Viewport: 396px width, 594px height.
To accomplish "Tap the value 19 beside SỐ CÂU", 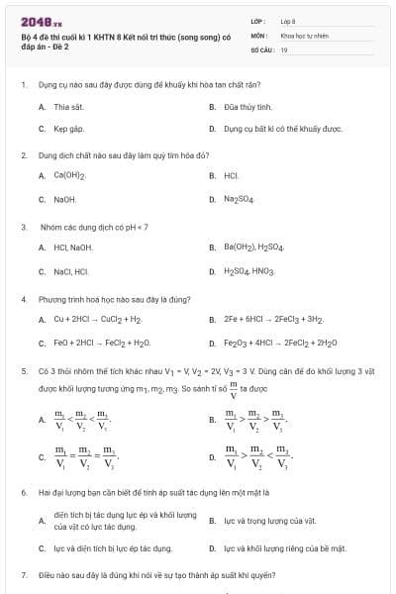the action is (x=284, y=49).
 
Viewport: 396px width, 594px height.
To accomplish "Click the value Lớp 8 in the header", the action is (x=288, y=20).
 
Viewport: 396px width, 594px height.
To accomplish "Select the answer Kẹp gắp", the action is (x=68, y=129).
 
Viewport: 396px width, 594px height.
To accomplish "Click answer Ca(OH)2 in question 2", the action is (x=70, y=176).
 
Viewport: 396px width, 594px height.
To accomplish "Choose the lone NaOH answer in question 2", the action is (x=65, y=199).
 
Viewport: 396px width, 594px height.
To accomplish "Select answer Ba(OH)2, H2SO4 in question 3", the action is (x=254, y=247).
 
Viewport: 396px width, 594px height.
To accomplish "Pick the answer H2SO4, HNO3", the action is (x=249, y=270).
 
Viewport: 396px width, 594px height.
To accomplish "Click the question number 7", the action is (x=23, y=575).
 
